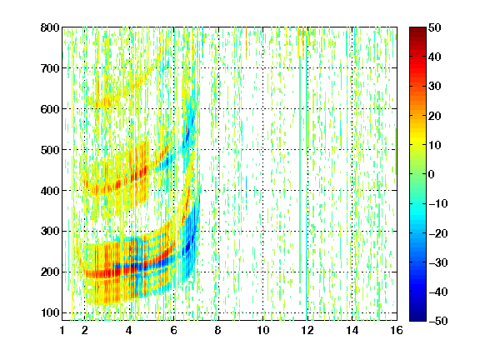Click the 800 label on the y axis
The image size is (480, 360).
click(50, 27)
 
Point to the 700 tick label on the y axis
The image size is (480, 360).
click(50, 68)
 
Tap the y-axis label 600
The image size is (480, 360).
click(50, 109)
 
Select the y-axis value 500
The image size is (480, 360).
click(50, 150)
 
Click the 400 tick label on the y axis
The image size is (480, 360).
click(50, 191)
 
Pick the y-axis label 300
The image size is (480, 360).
click(50, 231)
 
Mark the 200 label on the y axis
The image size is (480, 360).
click(50, 272)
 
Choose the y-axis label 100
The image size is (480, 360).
click(50, 312)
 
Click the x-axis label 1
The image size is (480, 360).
click(62, 330)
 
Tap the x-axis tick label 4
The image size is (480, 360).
click(129, 330)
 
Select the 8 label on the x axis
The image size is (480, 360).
click(217, 330)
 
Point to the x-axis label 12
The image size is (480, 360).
click(307, 330)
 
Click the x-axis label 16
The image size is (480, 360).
click(397, 330)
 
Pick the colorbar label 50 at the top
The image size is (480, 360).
click(435, 27)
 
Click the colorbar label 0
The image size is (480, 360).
click(432, 174)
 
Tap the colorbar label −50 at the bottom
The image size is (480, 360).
click(438, 321)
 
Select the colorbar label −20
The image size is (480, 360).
click(438, 233)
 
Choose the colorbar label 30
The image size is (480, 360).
click(435, 87)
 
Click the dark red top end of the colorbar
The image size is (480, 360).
click(417, 31)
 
